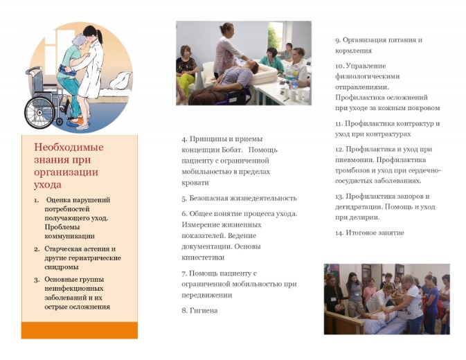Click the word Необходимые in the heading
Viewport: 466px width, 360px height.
[x=69, y=147]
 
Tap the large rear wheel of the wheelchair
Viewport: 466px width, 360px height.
[x=39, y=113]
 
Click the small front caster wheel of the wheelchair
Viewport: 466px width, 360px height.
[x=60, y=121]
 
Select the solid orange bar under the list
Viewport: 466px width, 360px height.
[x=80, y=330]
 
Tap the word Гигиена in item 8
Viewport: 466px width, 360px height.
[x=204, y=311]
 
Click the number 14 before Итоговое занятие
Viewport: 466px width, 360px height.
[x=339, y=233]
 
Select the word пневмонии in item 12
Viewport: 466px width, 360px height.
[x=355, y=160]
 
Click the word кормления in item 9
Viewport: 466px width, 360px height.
[x=353, y=51]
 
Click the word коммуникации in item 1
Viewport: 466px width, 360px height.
[x=69, y=237]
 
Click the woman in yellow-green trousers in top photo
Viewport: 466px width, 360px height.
[x=186, y=74]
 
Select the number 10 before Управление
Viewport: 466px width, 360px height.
[x=340, y=66]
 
